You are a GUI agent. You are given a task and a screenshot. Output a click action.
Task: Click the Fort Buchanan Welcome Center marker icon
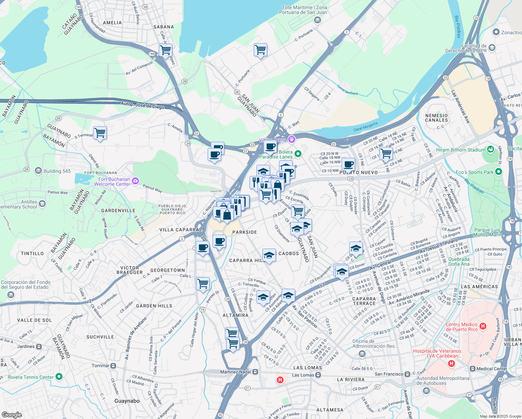click(135, 181)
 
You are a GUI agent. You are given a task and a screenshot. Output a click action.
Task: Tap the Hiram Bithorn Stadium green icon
click(491, 149)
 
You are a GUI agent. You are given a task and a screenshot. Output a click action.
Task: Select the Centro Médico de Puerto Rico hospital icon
click(483, 326)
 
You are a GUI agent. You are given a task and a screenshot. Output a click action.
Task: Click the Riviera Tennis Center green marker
click(59, 376)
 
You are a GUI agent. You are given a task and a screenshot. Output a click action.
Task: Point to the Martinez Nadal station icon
click(255, 372)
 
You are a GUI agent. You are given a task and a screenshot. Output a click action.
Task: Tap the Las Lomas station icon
click(318, 375)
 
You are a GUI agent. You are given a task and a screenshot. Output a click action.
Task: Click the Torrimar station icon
click(113, 366)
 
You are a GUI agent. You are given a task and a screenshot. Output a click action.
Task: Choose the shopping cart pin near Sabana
click(165, 50)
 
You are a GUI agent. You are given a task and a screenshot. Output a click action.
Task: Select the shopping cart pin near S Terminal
click(100, 133)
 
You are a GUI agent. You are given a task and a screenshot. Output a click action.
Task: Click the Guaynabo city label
click(127, 401)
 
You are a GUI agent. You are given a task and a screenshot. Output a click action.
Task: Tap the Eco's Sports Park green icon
click(498, 171)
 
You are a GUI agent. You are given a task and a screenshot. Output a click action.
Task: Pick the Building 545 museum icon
click(38, 171)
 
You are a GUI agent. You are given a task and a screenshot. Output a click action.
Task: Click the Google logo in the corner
click(12, 414)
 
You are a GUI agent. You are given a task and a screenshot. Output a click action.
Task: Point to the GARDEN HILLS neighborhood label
click(154, 306)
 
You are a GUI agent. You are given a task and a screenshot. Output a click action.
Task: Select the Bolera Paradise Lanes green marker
click(298, 154)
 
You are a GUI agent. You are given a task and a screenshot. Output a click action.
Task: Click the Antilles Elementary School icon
click(42, 204)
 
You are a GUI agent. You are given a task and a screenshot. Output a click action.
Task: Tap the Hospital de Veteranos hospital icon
click(452, 363)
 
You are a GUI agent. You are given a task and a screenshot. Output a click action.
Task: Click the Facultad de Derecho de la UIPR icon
click(492, 47)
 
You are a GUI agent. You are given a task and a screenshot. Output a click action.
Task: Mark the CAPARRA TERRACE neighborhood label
click(364, 301)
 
